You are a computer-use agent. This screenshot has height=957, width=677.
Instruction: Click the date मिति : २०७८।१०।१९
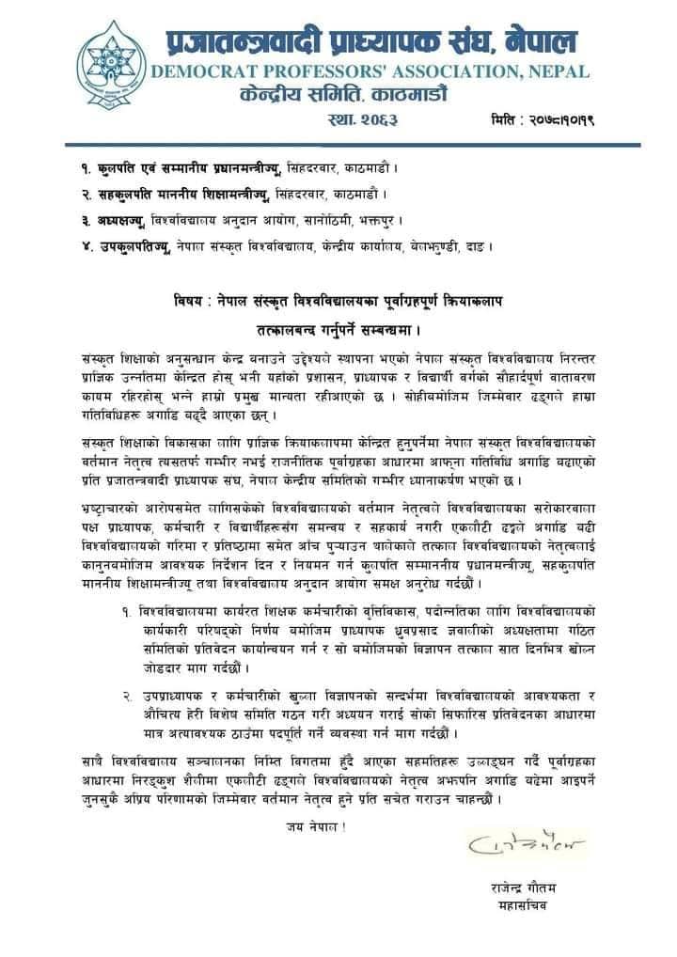tap(547, 119)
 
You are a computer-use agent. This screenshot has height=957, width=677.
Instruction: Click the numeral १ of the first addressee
tap(87, 167)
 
